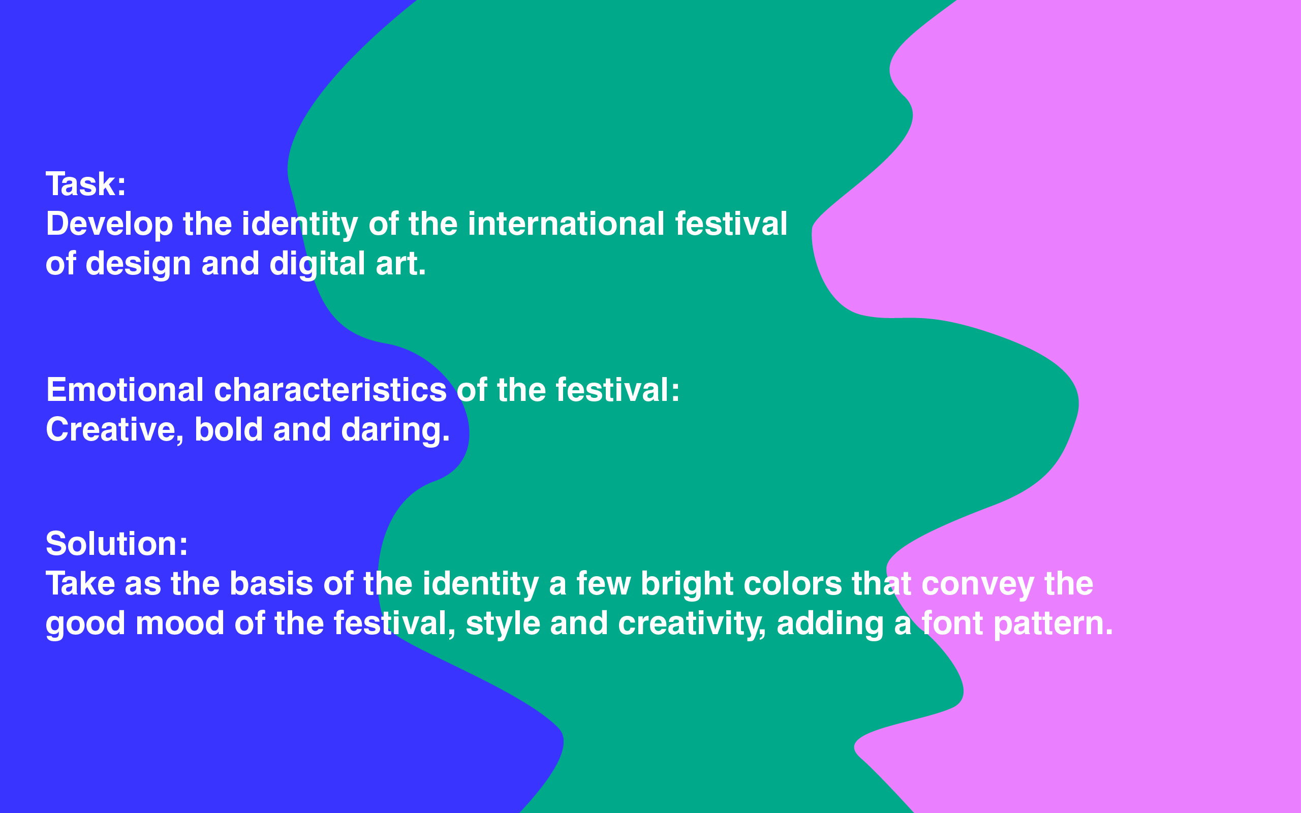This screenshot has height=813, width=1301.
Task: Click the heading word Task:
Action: click(x=86, y=184)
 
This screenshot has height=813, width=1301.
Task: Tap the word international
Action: click(x=566, y=224)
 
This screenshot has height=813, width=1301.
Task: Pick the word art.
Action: click(x=400, y=264)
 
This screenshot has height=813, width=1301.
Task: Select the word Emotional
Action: click(x=125, y=389)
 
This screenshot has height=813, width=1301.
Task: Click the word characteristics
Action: click(x=330, y=389)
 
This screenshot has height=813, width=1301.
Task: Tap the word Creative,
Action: click(x=115, y=430)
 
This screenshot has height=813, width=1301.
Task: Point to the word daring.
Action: click(x=395, y=430)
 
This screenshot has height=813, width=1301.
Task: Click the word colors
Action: click(x=793, y=583)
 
